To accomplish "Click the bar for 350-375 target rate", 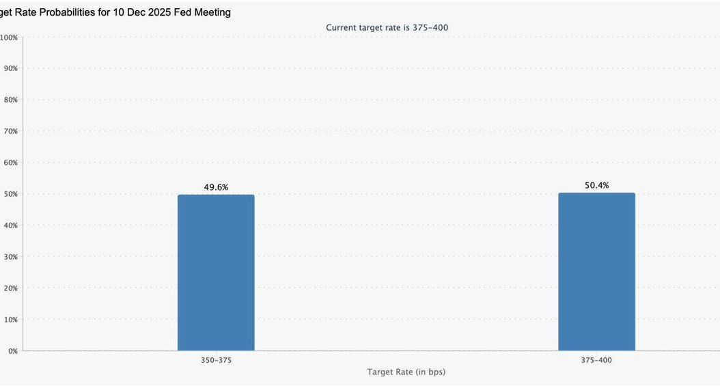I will tap(216, 273).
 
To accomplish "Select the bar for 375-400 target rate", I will tap(596, 271).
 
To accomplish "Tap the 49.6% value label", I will tap(216, 187).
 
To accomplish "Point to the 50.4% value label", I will tap(596, 185).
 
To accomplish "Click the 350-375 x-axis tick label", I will tap(216, 360).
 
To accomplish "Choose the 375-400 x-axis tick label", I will tap(596, 360).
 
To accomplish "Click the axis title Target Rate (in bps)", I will tap(406, 372).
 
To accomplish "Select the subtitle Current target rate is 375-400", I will tap(387, 27).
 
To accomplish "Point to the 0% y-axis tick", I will tap(12, 350).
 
